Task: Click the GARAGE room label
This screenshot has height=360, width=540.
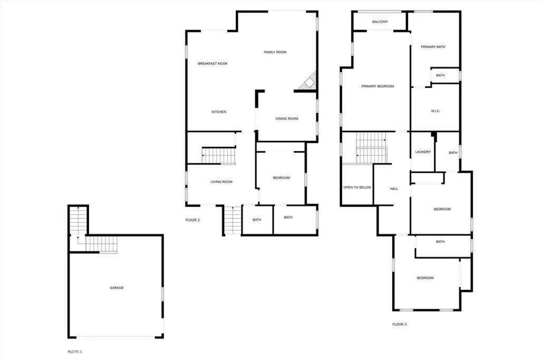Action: [x=117, y=288]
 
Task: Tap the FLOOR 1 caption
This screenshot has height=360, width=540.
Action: [x=75, y=352]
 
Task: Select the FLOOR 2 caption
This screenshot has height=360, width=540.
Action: [x=192, y=220]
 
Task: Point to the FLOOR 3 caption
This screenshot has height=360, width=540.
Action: [x=399, y=324]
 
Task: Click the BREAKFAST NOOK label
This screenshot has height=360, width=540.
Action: [x=213, y=64]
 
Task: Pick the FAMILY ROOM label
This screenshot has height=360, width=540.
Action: [x=275, y=52]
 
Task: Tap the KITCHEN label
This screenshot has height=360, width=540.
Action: [x=219, y=112]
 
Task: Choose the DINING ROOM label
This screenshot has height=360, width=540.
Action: [x=287, y=119]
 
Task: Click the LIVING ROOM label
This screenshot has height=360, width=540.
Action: [x=221, y=182]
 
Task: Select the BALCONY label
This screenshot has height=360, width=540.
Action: [x=380, y=22]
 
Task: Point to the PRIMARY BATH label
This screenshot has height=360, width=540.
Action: [x=433, y=47]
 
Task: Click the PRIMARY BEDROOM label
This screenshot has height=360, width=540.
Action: [x=378, y=86]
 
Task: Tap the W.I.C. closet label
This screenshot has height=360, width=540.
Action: [x=436, y=111]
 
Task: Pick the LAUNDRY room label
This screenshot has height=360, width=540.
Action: [x=423, y=152]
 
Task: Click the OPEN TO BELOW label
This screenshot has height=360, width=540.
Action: [x=358, y=187]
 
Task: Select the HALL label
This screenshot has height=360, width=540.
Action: [x=394, y=189]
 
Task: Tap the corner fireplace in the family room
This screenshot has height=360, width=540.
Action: [x=308, y=81]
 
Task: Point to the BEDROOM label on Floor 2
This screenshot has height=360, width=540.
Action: [x=282, y=178]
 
